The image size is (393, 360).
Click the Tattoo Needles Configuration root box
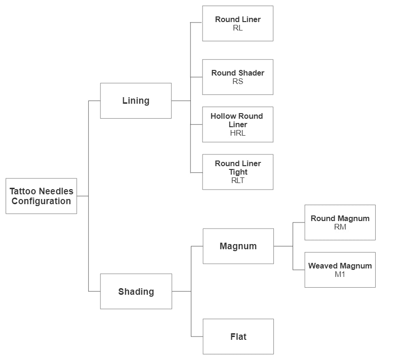(41, 196)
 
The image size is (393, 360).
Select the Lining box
(136, 101)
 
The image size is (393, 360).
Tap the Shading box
(136, 291)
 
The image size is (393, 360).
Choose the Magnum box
(238, 246)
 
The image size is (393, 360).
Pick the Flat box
(238, 337)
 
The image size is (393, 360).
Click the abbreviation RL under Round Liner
(238, 28)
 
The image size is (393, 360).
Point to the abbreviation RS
(238, 81)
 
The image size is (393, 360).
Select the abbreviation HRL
(238, 133)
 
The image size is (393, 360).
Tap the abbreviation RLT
(238, 180)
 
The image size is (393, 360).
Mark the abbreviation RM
(340, 227)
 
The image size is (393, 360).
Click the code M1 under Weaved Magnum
(340, 274)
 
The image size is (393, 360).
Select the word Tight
(238, 172)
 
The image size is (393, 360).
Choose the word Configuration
(41, 201)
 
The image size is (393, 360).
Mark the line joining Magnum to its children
(283, 246)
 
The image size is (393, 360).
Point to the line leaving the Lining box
(181, 100)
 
